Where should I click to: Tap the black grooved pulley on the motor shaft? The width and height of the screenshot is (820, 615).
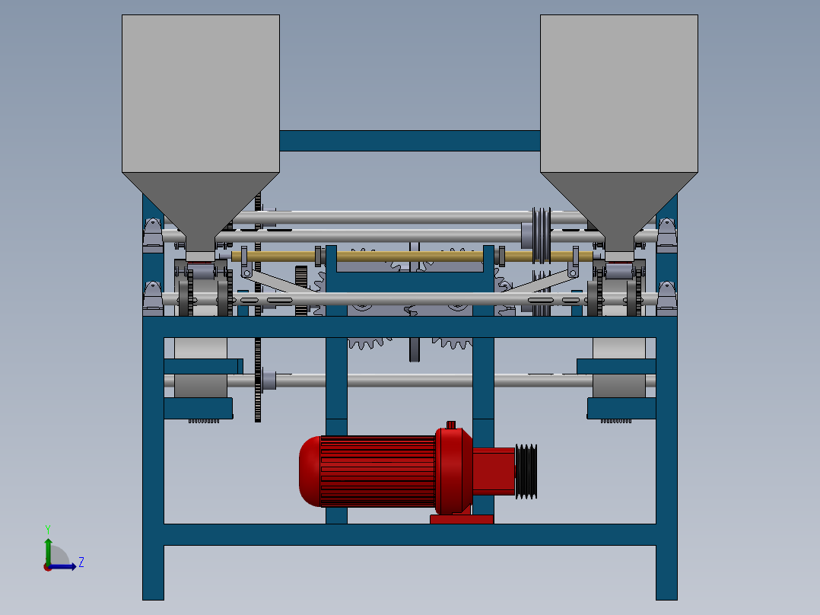pos(526,472)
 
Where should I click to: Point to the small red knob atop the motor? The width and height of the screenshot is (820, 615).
pos(450,425)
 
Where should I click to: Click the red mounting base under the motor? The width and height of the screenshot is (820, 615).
pos(462,519)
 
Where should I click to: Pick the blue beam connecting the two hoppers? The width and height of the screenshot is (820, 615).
pos(409,141)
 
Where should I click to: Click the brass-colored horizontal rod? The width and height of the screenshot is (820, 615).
pos(411,257)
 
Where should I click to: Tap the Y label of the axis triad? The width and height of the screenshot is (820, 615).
pos(47,528)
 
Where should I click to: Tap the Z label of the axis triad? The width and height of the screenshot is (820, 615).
pos(81,562)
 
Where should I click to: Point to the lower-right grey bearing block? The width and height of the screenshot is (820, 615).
pos(667,298)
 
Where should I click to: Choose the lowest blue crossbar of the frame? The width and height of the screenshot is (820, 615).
pos(409,534)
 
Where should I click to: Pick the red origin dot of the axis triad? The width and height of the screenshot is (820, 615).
pos(48,566)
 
